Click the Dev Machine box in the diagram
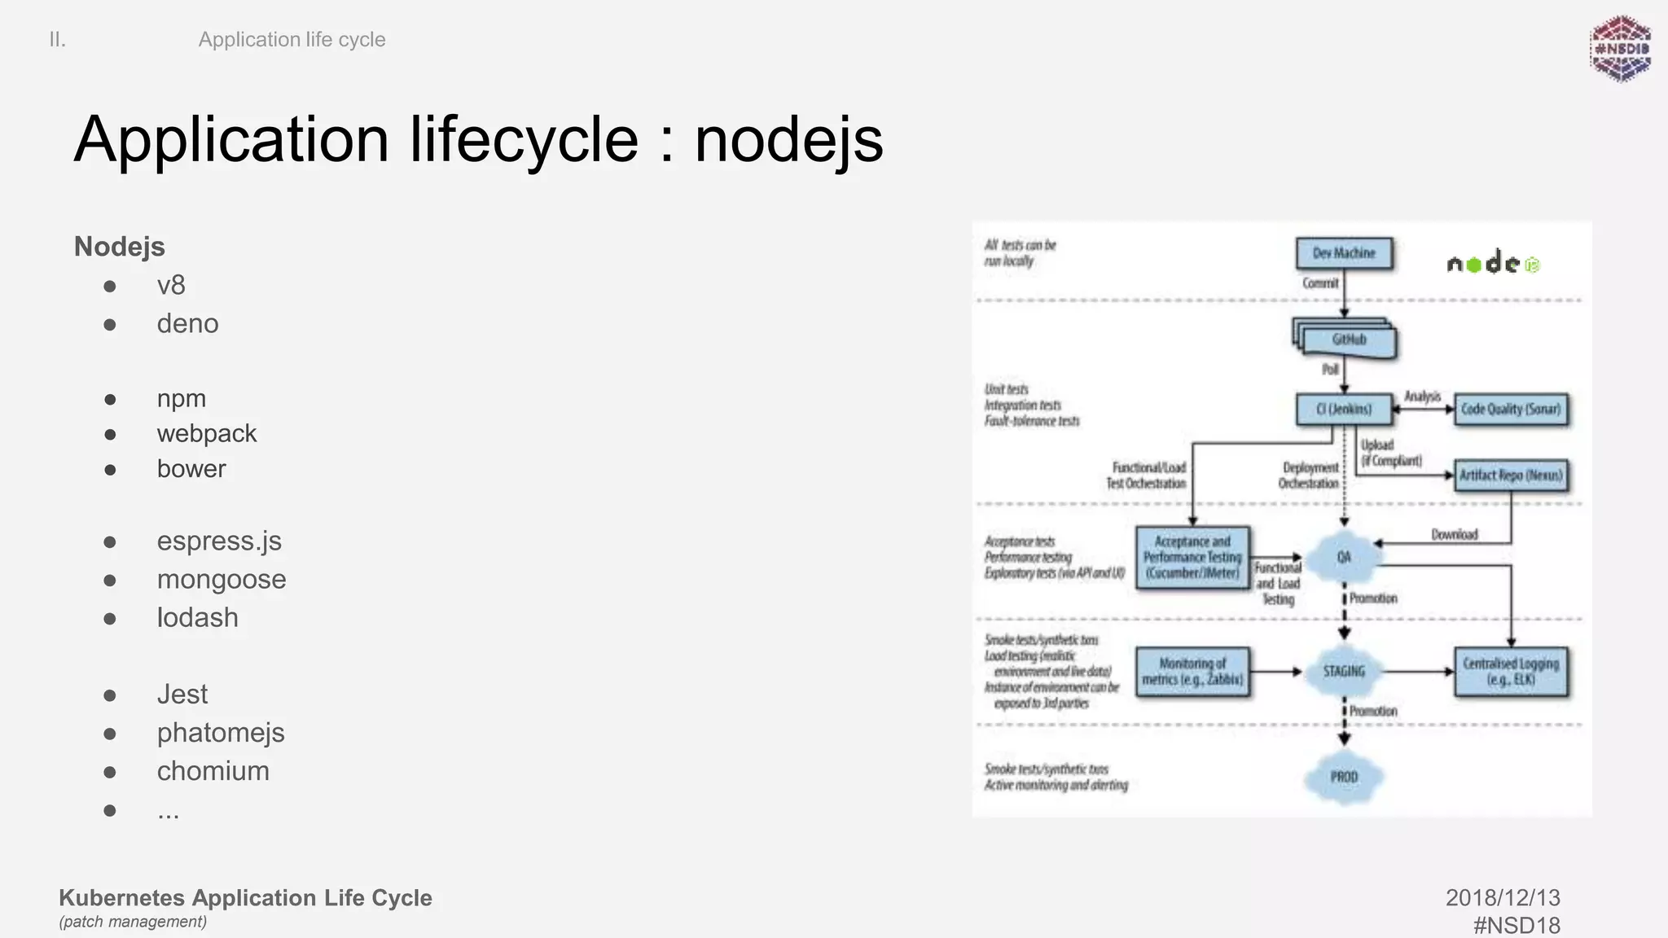(1344, 253)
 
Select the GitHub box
(1349, 340)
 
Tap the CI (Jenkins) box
(1343, 409)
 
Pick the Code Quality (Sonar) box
(1511, 410)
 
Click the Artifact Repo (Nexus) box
(1511, 475)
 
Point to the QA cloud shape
(1344, 557)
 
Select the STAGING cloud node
(1344, 672)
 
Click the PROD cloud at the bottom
(1344, 777)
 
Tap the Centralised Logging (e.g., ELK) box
(1511, 672)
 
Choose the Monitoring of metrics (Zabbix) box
(1192, 672)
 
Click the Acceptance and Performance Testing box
(1192, 557)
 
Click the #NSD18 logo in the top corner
(1621, 49)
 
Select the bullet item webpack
(207, 434)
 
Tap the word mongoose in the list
(222, 580)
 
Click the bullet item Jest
(182, 695)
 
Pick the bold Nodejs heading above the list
(120, 247)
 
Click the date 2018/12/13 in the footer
(1503, 897)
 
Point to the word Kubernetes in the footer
(122, 897)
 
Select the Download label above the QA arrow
(1454, 535)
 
